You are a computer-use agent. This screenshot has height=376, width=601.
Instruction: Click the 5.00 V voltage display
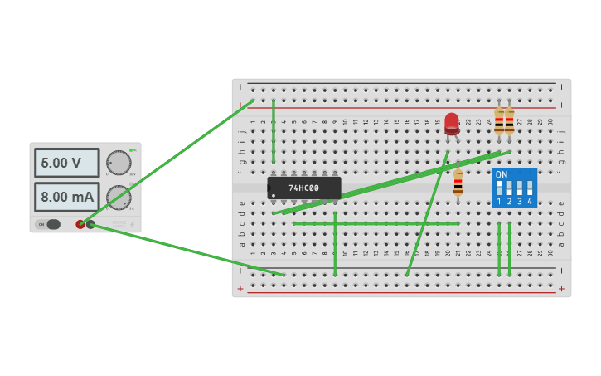[66, 163]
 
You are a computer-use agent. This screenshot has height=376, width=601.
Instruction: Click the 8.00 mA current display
[66, 197]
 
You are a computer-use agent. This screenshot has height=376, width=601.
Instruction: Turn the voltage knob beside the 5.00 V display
[119, 162]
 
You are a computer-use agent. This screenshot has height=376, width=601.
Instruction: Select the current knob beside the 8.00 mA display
[119, 198]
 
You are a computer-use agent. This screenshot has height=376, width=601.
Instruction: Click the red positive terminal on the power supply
[80, 224]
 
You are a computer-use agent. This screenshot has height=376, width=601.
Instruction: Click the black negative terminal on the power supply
[90, 224]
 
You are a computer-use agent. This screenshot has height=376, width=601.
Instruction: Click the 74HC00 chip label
[303, 188]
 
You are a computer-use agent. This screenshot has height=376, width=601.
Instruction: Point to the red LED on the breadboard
[452, 123]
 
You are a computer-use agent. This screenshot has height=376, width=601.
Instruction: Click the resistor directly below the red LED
[458, 183]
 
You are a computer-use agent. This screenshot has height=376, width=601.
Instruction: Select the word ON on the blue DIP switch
[501, 175]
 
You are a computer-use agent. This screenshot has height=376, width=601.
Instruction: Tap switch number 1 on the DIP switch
[499, 188]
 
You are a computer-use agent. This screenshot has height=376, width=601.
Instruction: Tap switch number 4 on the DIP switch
[530, 188]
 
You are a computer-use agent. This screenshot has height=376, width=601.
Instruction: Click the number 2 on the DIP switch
[509, 202]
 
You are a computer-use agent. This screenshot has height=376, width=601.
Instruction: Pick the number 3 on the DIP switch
[519, 202]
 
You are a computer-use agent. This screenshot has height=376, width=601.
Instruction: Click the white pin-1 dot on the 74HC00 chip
[274, 196]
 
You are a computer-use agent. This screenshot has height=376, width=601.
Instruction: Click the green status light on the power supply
[131, 149]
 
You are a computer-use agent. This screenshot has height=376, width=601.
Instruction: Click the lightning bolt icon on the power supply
[131, 224]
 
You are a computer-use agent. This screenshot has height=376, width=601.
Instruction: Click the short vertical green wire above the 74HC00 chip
[274, 131]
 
